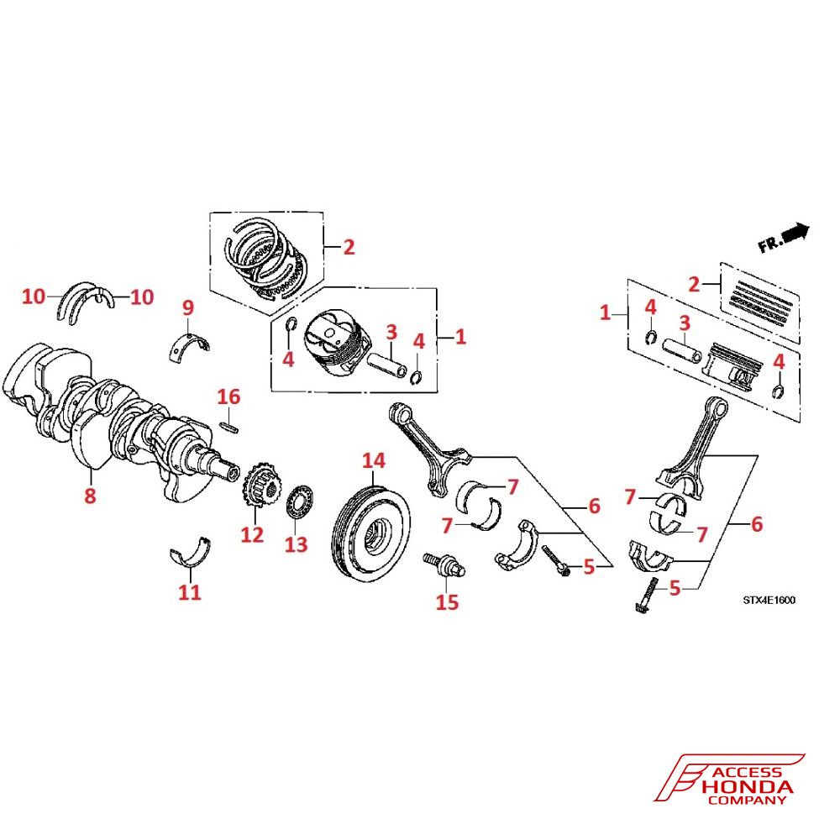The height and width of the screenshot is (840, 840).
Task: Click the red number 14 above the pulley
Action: coord(373,460)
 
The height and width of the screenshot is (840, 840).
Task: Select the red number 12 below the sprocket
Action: coord(252,533)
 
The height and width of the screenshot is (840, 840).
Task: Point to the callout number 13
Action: coord(296,544)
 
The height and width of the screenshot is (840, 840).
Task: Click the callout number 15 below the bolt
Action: coord(448,601)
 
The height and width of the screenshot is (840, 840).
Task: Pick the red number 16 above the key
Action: coord(229,396)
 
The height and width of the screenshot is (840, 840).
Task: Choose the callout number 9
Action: coord(187,307)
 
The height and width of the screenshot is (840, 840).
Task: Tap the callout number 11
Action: coord(191,592)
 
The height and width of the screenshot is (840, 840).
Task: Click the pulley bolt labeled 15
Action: coord(443,564)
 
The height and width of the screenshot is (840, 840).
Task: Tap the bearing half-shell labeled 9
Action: coord(189,345)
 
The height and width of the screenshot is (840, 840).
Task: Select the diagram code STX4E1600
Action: coord(769,600)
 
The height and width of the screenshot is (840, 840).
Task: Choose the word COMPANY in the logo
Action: coord(747,801)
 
